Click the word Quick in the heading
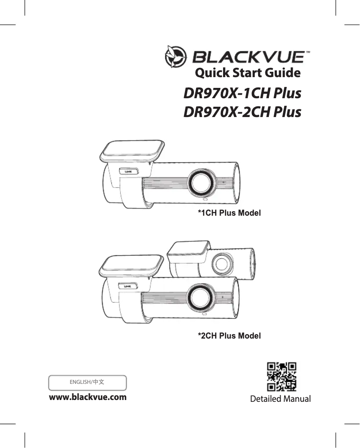(210, 72)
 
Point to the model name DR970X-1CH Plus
(242, 94)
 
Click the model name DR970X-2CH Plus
(242, 112)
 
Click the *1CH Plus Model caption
(229, 213)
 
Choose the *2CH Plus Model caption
(229, 335)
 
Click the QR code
(281, 377)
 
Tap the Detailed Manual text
(281, 399)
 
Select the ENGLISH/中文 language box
(88, 383)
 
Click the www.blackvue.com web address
(88, 397)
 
